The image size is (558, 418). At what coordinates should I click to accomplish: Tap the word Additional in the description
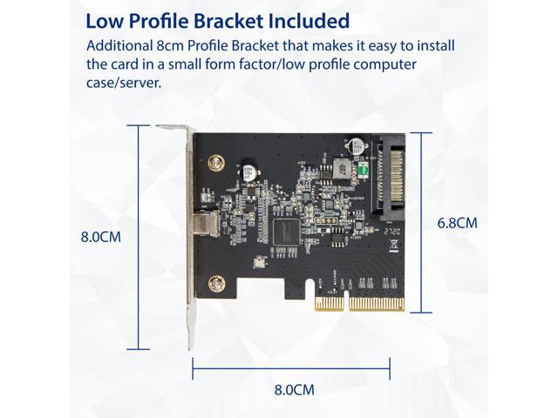[x=121, y=45]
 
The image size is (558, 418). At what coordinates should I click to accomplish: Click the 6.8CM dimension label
[x=457, y=223]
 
